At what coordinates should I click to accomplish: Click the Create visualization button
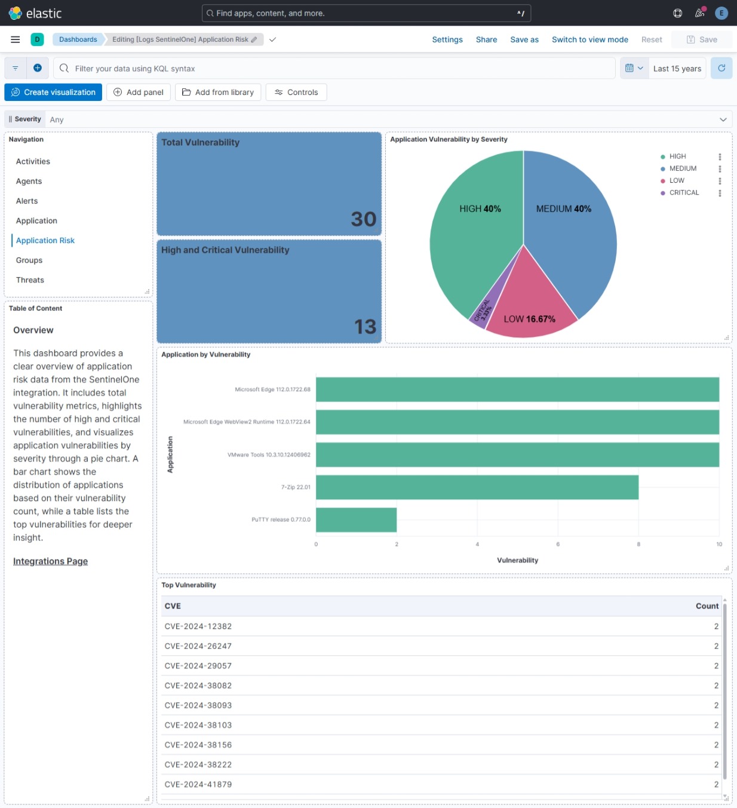pos(53,92)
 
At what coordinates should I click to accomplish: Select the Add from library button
pos(218,92)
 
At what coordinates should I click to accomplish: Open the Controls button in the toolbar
pos(296,92)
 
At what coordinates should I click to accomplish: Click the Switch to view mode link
pos(589,39)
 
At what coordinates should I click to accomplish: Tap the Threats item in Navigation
pos(30,280)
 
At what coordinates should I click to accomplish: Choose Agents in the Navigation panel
pos(29,181)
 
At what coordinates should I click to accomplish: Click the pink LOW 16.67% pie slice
pos(529,305)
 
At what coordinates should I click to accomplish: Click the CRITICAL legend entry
pos(684,193)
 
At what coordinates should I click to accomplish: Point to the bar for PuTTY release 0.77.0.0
pos(356,520)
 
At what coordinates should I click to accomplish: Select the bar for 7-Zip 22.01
pos(477,487)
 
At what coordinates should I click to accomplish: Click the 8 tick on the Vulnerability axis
pos(638,544)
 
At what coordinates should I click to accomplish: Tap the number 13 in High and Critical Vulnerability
pos(365,327)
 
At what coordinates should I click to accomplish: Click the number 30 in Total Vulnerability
pos(363,219)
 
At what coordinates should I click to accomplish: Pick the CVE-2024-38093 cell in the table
pos(198,705)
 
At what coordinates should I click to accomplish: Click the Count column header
pos(707,606)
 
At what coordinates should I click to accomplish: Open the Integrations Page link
pos(50,561)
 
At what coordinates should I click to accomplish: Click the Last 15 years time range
pos(677,69)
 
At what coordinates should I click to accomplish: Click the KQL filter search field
pos(334,69)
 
